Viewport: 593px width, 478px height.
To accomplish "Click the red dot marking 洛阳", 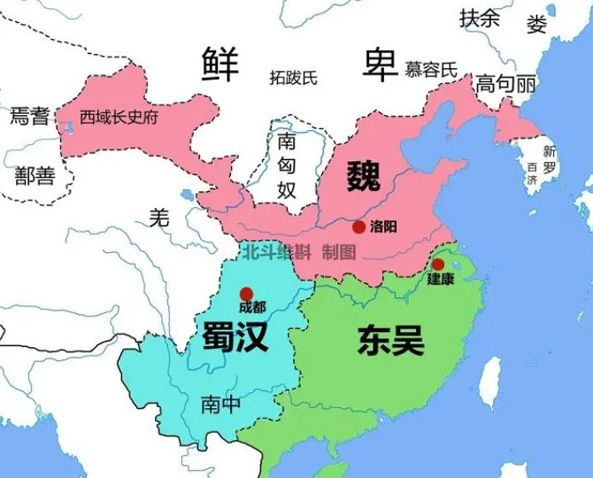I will (358, 227).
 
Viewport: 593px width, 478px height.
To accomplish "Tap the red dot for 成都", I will (247, 293).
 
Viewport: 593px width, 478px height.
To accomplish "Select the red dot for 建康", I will (438, 264).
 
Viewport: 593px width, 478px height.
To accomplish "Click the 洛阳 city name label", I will (383, 227).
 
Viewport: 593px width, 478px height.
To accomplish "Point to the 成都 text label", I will (251, 307).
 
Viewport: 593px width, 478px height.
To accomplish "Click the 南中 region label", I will (220, 405).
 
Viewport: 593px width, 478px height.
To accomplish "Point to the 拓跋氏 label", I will (293, 78).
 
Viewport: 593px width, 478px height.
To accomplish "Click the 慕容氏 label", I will (430, 69).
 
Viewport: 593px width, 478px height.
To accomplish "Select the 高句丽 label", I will (506, 85).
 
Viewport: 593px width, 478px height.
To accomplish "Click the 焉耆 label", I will (29, 115).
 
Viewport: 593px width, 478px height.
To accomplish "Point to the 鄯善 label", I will (35, 176).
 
